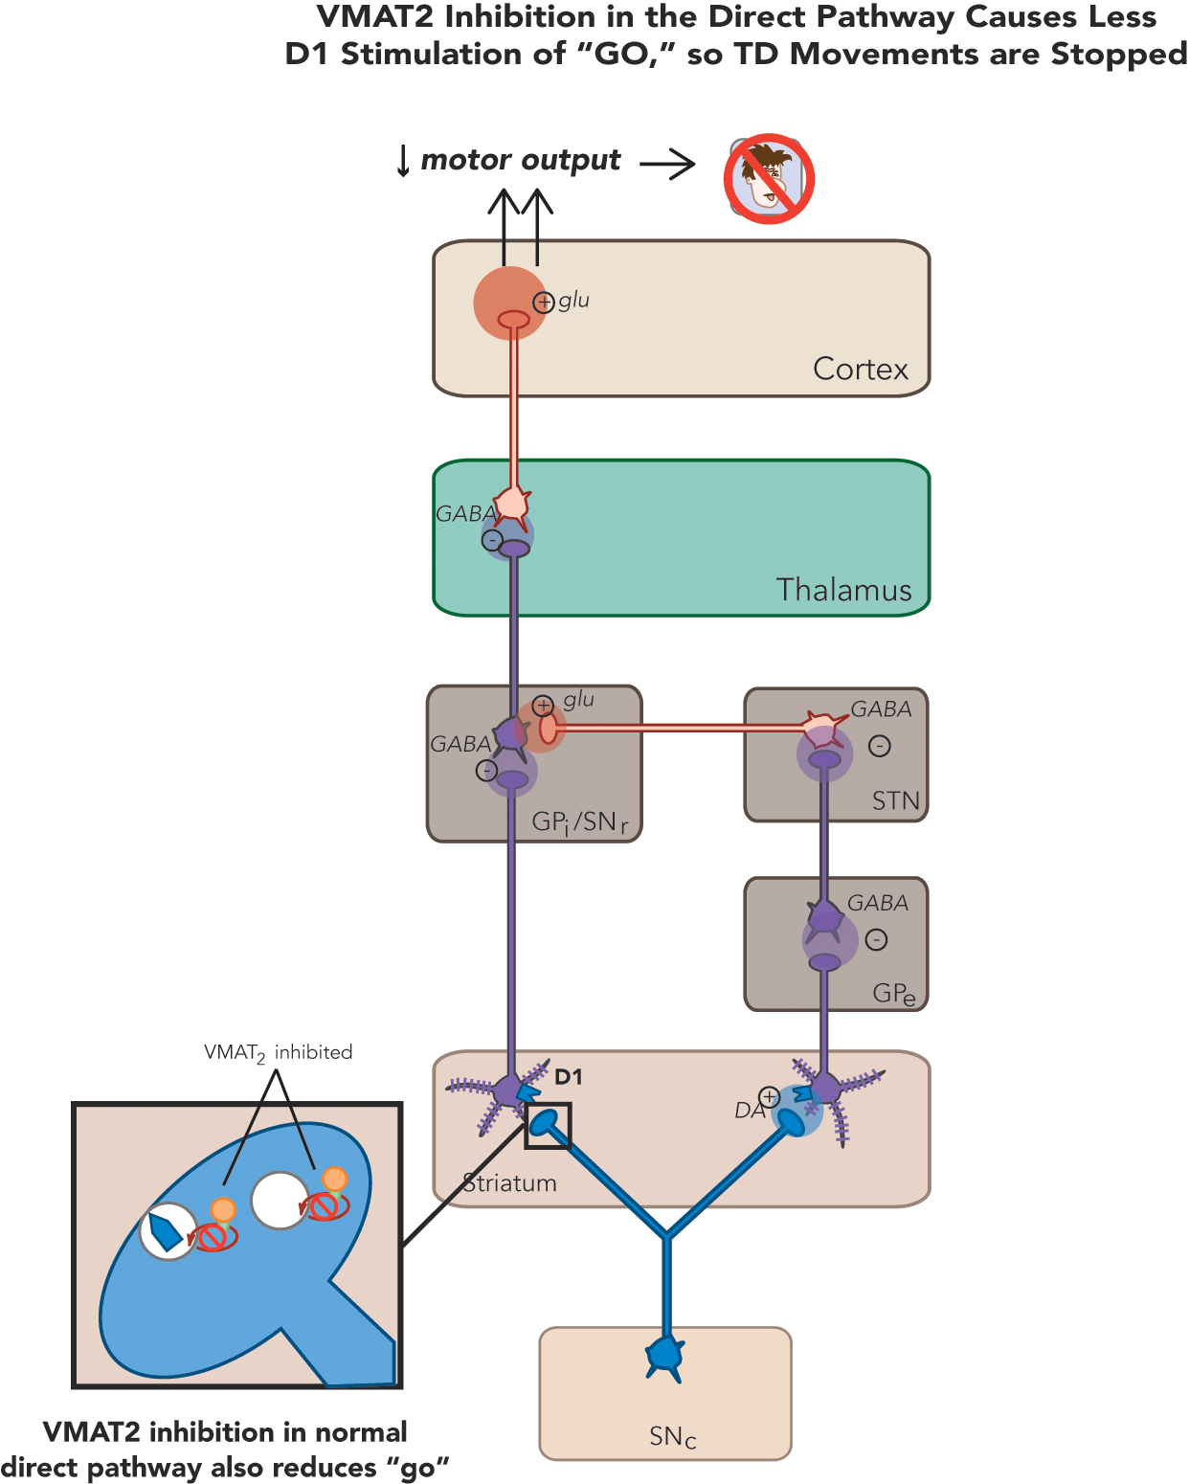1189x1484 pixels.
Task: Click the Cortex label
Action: point(860,369)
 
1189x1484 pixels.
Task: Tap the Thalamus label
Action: point(843,590)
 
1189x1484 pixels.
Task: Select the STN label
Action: point(895,800)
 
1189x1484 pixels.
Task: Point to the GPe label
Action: point(893,994)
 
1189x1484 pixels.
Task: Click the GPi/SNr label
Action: point(579,822)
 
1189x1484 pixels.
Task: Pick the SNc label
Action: point(672,1436)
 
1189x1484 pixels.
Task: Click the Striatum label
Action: point(509,1183)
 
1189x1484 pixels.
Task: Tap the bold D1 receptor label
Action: point(569,1077)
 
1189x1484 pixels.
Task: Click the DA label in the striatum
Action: point(749,1110)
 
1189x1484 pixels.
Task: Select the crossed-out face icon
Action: point(768,179)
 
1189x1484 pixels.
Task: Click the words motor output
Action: point(521,160)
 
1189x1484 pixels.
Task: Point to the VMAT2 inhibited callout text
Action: point(278,1052)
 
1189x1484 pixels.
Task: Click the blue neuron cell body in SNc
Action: point(664,1356)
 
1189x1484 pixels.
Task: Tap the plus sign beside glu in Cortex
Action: point(544,303)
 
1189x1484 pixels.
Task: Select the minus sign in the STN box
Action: point(879,746)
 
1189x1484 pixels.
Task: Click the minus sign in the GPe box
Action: point(876,940)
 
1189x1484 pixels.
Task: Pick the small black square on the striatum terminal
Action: point(548,1125)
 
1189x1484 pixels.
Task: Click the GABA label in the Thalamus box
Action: point(465,514)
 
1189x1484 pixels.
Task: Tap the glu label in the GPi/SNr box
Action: point(578,700)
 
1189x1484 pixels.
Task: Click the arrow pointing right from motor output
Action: point(667,164)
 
